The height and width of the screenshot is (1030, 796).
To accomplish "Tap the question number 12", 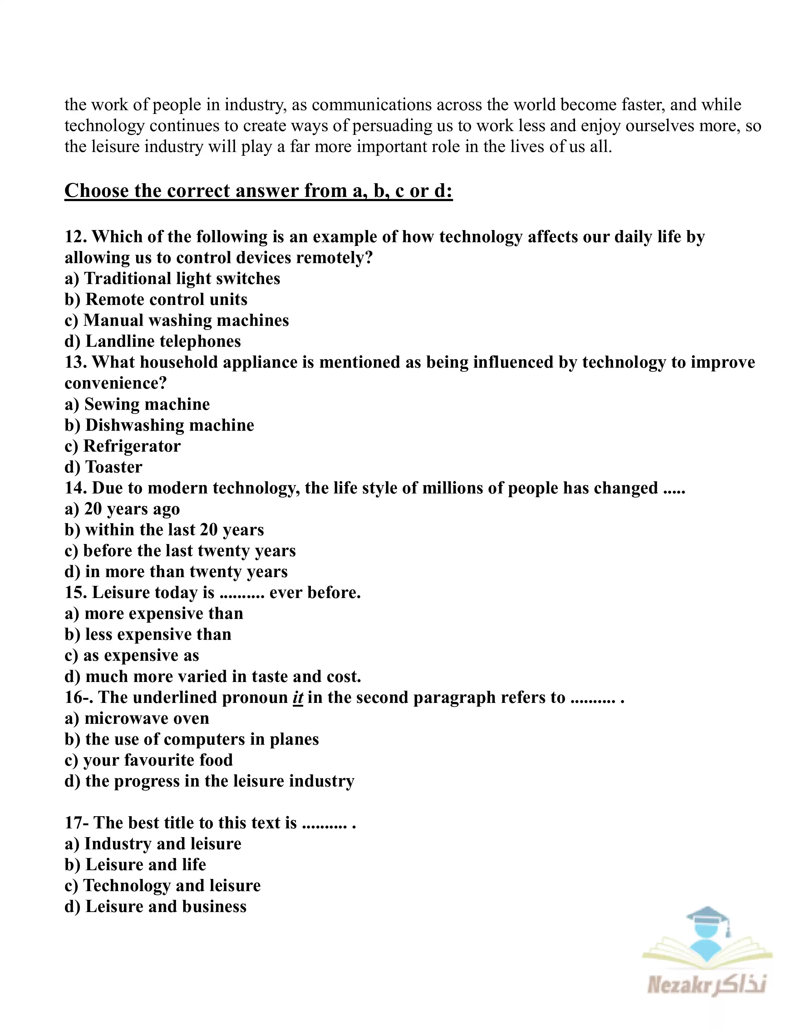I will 76,237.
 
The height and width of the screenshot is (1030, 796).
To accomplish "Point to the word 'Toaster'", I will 114,467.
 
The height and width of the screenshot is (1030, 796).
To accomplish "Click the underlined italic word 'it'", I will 297,698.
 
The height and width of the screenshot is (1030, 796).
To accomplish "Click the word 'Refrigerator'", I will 132,446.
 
